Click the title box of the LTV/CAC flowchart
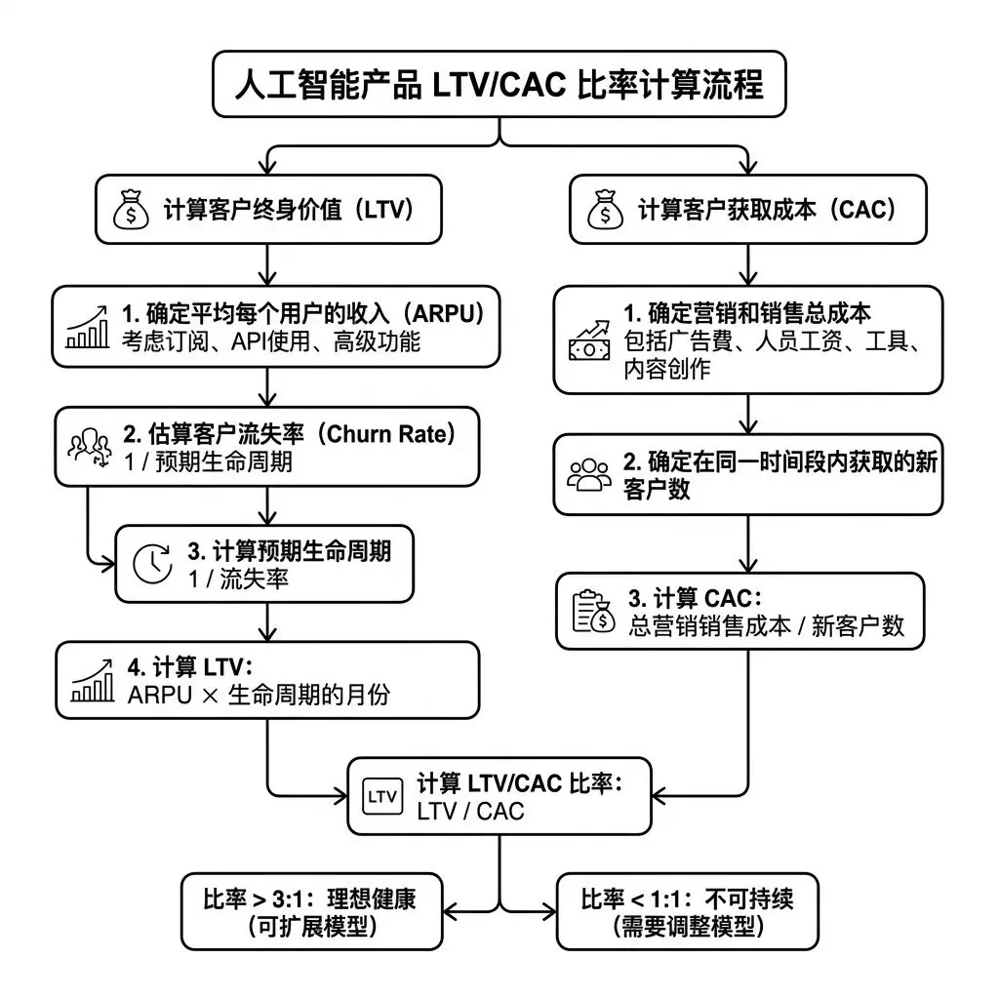pyautogui.click(x=499, y=84)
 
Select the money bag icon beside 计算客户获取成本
pyautogui.click(x=604, y=210)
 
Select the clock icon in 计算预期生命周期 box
pyautogui.click(x=152, y=564)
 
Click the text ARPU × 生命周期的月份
pyautogui.click(x=261, y=697)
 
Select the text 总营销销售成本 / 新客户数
pyautogui.click(x=768, y=626)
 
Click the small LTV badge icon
pyautogui.click(x=380, y=795)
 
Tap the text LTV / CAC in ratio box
pyautogui.click(x=470, y=811)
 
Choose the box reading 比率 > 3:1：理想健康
pyautogui.click(x=309, y=911)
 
